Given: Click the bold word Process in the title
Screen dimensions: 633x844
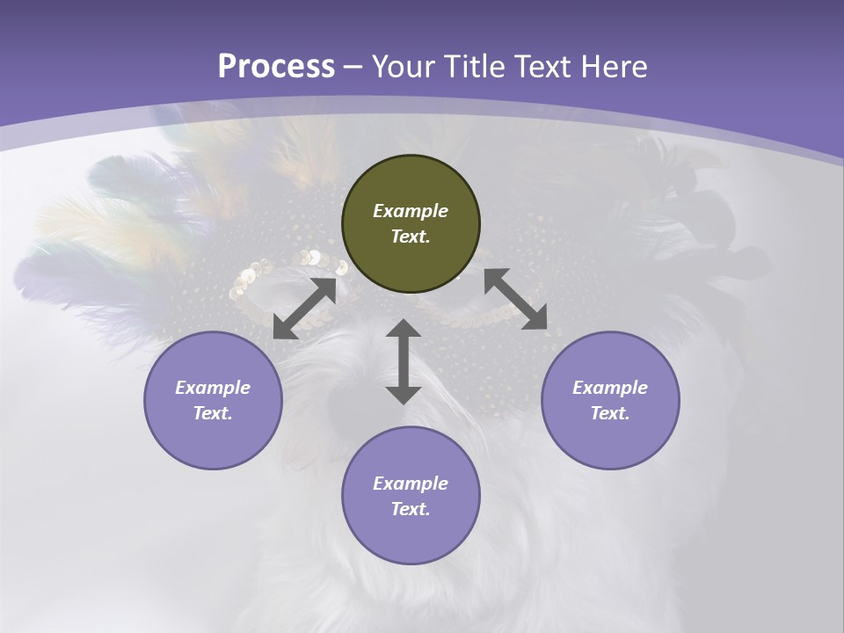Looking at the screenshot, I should (276, 67).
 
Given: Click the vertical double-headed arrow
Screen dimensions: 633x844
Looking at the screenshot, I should (404, 362).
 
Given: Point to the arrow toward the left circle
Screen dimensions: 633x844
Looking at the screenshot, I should (304, 309).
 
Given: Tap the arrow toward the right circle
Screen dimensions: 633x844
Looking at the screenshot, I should (515, 299).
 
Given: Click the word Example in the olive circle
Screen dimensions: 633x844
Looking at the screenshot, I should (411, 211).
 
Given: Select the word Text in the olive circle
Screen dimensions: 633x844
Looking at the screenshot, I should (410, 237).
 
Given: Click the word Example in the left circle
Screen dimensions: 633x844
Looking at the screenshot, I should (213, 388).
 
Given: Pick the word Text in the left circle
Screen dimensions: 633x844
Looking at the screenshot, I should (213, 414).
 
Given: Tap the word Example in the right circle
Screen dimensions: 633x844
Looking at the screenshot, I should (610, 388).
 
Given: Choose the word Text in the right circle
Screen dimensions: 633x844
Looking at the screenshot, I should (609, 414).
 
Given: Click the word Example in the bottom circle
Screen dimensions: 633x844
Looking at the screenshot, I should (411, 484).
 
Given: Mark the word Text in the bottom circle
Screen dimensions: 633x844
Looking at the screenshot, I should (410, 510).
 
